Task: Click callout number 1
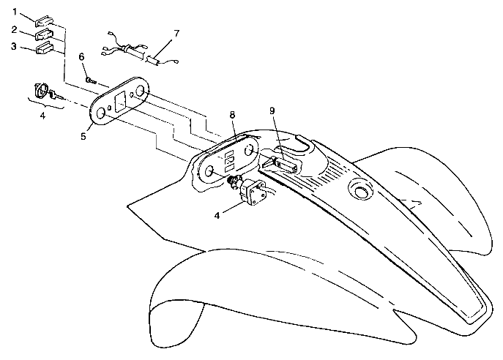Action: coord(15,12)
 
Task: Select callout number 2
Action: coord(14,30)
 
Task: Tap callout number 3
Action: coord(13,47)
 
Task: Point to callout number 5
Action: coord(83,137)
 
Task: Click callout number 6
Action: coord(82,57)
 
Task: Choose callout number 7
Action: coord(176,34)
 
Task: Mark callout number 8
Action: coord(232,115)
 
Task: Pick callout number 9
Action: coord(272,111)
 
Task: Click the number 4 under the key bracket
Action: coord(42,116)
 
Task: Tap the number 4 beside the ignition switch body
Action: coord(217,215)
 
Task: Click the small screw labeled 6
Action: coord(91,80)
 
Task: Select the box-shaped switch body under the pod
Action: coord(251,192)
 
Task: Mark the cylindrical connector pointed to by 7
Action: coord(153,60)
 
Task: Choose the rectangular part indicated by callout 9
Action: coord(286,166)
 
